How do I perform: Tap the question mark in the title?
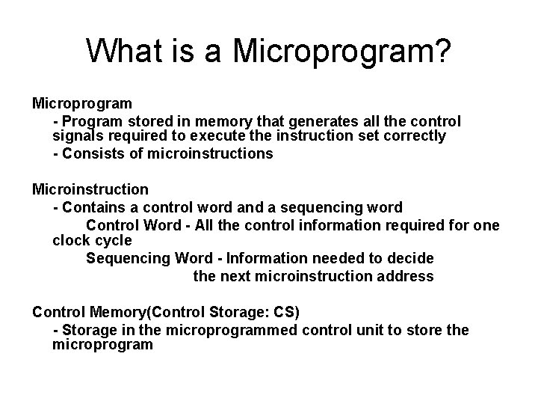[441, 52]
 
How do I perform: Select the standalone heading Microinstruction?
[90, 189]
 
